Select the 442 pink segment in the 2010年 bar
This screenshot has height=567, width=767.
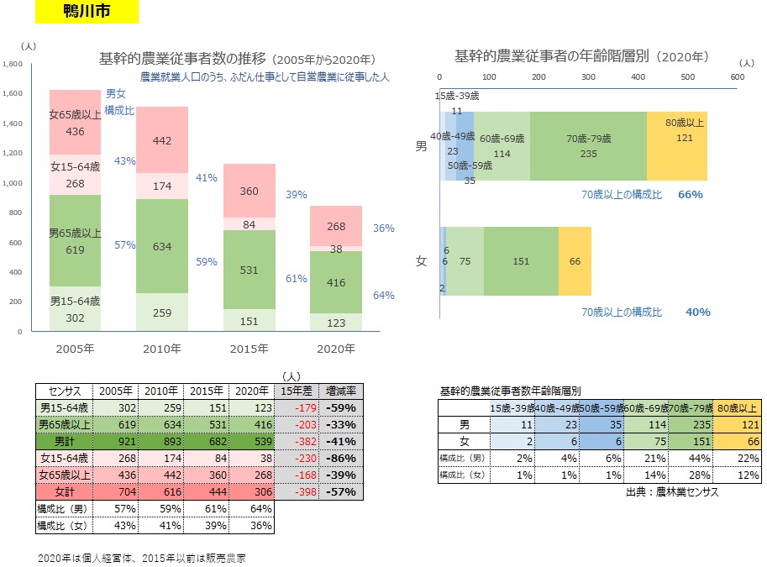pos(162,140)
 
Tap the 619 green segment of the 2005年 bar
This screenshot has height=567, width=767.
pos(75,240)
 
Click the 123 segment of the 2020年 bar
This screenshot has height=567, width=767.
pos(336,323)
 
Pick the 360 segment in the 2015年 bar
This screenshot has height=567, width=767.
pos(250,191)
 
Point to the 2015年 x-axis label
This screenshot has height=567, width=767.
pos(250,349)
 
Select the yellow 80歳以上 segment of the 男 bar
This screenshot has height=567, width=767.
pos(677,146)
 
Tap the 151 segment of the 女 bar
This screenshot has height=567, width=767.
pos(521,261)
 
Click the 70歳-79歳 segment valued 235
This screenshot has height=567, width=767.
pos(588,146)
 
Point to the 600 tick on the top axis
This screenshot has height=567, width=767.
pos(737,76)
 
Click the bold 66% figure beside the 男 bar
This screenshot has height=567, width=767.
pos(690,195)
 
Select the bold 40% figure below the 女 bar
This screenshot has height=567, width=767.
pos(698,312)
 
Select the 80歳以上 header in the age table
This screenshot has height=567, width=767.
pos(736,407)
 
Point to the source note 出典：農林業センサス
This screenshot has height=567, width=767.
pos(672,492)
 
